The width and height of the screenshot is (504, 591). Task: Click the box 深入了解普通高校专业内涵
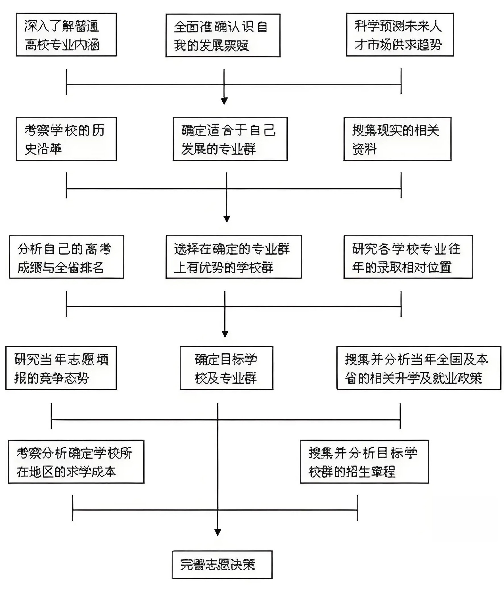point(66,34)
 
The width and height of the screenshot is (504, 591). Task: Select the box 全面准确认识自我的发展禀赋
point(223,35)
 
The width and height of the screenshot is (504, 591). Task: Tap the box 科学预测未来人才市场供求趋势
point(400,34)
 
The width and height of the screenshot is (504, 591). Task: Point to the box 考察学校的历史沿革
point(66,139)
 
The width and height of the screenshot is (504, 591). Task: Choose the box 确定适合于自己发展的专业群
point(230,139)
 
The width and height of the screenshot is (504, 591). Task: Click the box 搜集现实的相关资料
point(397,139)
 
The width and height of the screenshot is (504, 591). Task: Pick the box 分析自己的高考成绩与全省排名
point(66,257)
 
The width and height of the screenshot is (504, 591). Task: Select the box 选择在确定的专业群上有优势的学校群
point(233,257)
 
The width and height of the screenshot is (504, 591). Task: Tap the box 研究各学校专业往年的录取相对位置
point(408,257)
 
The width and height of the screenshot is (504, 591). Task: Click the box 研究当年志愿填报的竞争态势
point(61,368)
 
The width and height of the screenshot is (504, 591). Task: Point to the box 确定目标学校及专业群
point(226,368)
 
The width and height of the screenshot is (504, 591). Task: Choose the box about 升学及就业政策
point(419,368)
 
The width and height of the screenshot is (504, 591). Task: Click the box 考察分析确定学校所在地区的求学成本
point(76,462)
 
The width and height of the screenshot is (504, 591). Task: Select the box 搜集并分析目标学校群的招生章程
point(364,462)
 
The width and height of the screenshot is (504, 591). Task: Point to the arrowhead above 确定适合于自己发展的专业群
point(224,101)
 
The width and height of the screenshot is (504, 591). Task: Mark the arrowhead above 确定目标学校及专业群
point(225,334)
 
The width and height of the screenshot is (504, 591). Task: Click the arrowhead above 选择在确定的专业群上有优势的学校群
point(227,219)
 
